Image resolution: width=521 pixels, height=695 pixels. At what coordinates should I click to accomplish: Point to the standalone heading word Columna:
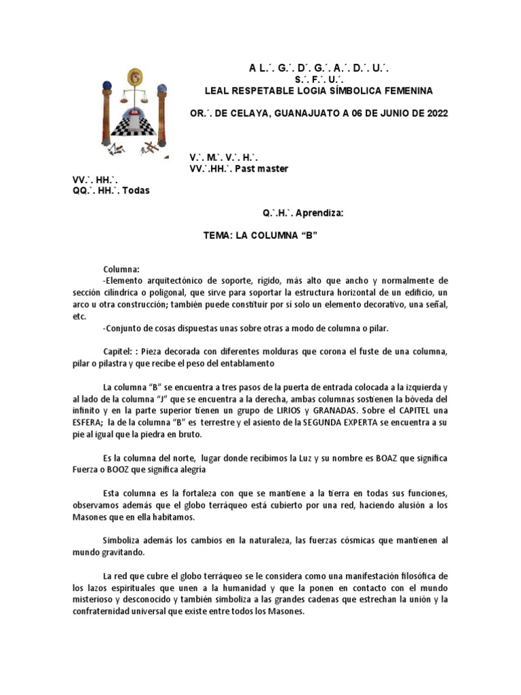click(121, 269)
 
